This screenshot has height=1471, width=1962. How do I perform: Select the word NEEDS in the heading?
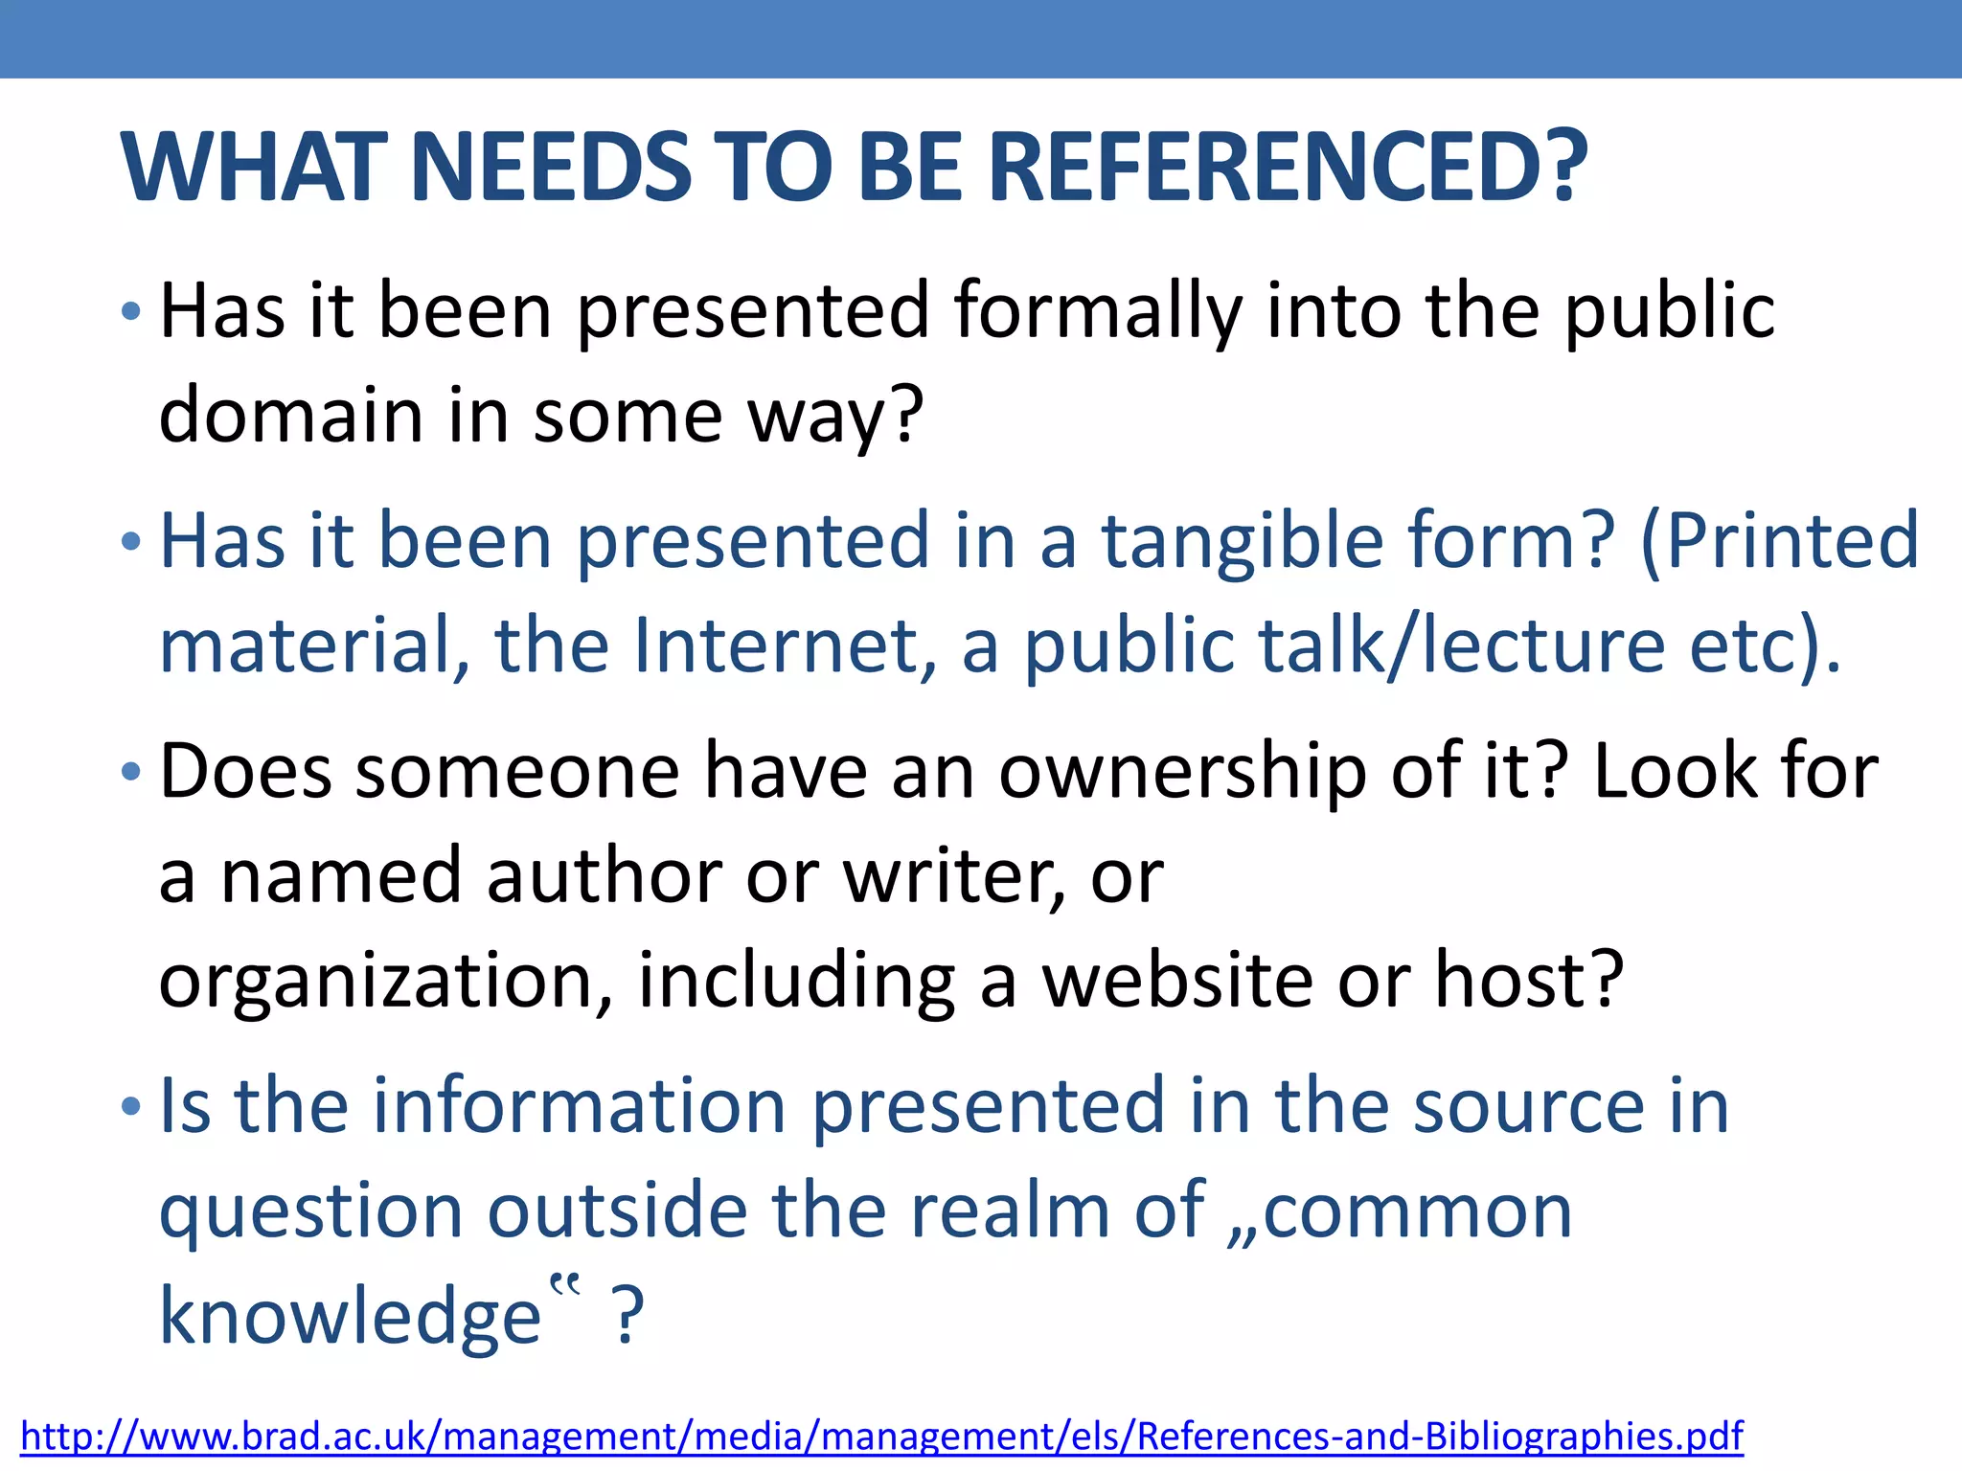click(551, 168)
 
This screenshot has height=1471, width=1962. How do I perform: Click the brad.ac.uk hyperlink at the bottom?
click(881, 1436)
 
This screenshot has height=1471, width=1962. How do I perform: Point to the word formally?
click(1098, 311)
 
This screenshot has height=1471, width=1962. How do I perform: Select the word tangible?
click(1242, 541)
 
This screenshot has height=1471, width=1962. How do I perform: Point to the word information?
click(580, 1106)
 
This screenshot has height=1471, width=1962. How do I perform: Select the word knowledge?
click(351, 1316)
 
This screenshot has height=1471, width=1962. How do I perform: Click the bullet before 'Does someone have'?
click(131, 772)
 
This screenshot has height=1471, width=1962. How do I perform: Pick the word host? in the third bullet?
click(1529, 981)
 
